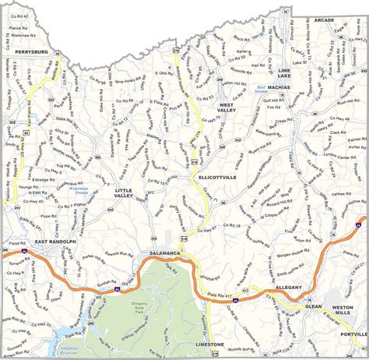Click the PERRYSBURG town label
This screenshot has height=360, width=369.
click(30, 51)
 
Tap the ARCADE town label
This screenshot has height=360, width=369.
click(325, 19)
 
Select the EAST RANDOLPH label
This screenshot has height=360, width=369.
click(55, 242)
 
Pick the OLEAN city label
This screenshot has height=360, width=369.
click(313, 306)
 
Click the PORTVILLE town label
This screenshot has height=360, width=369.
click(353, 334)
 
